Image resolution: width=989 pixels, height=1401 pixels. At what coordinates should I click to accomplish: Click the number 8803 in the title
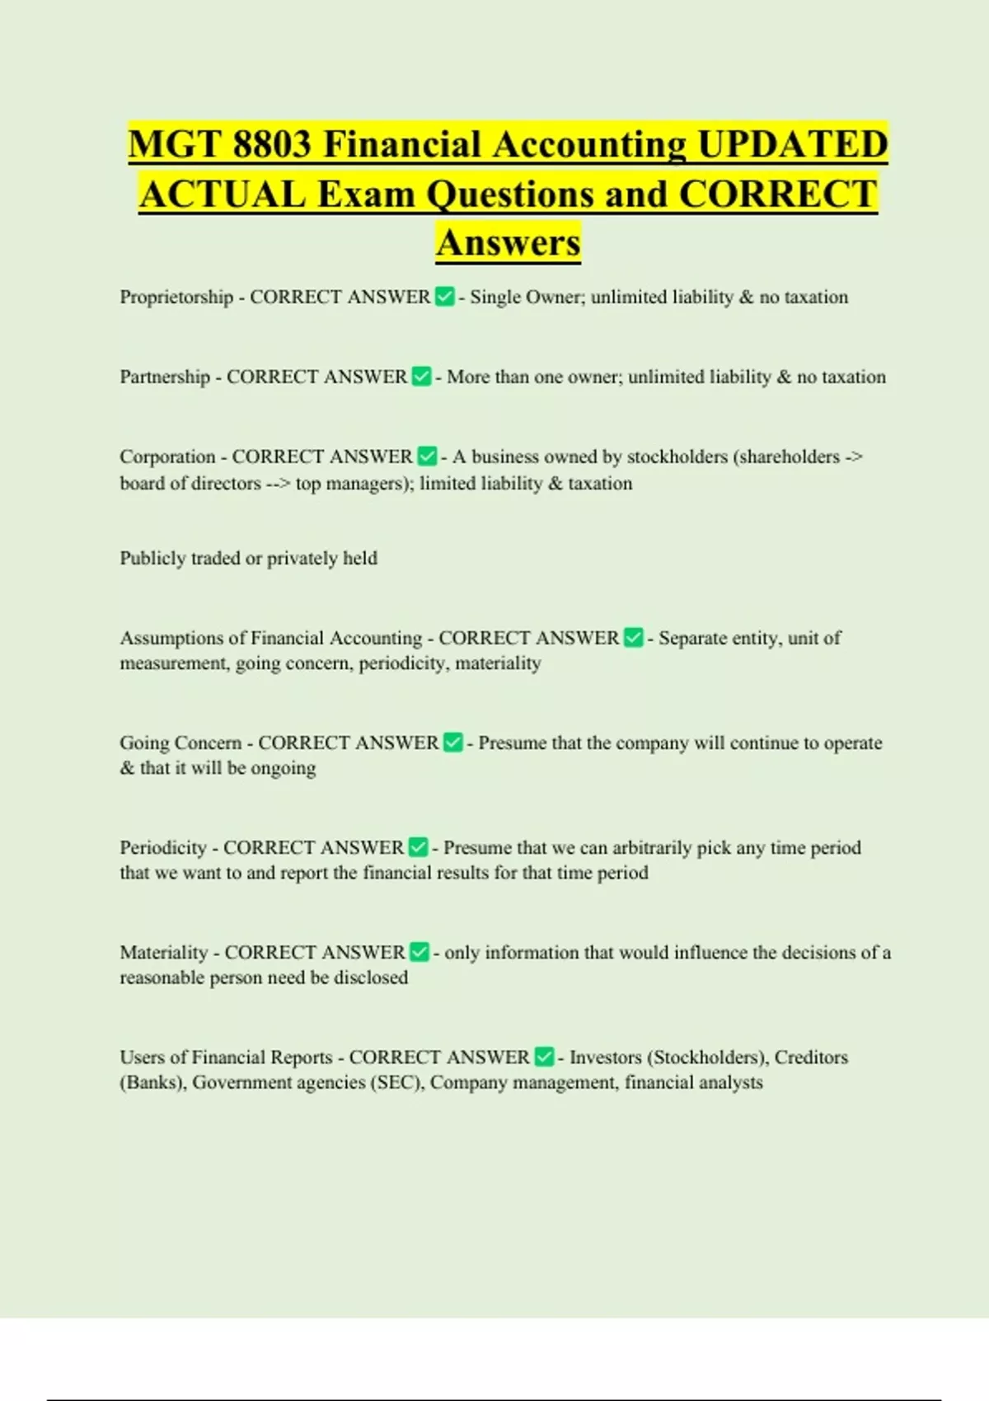pos(271,145)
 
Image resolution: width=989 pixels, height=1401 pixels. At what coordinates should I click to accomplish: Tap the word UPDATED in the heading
pos(792,145)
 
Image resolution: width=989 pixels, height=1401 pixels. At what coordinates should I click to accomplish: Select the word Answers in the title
pos(509,243)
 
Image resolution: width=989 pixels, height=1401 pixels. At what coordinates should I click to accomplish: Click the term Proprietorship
pos(176,298)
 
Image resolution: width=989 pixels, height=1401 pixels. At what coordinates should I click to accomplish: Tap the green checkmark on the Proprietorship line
pos(444,297)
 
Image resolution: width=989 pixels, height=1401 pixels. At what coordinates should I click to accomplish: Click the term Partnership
pos(165,377)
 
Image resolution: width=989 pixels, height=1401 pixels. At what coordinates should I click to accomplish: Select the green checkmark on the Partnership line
pos(421,377)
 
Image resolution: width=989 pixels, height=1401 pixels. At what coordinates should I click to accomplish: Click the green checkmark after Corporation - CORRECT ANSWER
pos(427,457)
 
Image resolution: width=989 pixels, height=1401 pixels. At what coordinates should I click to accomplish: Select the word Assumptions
pos(171,639)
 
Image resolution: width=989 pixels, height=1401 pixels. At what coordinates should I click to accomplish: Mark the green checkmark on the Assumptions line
pos(633,638)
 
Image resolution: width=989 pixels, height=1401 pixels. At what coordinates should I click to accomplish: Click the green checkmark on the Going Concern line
pos(453,743)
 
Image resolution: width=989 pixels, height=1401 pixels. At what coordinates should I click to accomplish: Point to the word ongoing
pos(284,769)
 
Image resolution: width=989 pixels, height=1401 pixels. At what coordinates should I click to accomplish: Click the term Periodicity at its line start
pos(163,848)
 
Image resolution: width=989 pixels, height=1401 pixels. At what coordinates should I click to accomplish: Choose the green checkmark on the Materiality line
pos(420,952)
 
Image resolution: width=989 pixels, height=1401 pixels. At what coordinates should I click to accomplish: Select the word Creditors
pos(811,1057)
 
